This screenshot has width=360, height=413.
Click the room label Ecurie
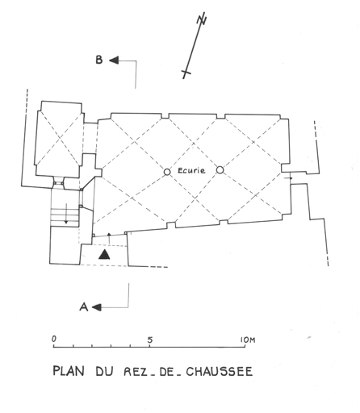(191, 170)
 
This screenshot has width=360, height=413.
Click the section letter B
(99, 60)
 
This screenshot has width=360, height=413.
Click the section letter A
(84, 307)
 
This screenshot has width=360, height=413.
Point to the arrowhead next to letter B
(114, 60)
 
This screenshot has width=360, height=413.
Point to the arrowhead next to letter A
(97, 307)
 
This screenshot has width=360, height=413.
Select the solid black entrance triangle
(104, 254)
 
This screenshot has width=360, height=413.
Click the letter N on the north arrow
(202, 19)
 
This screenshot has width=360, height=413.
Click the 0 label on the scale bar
(54, 339)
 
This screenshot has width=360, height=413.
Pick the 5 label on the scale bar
(150, 340)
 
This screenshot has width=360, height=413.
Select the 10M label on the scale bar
(248, 340)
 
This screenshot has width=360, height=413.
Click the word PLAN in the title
(69, 371)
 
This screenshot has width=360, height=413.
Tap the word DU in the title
(104, 371)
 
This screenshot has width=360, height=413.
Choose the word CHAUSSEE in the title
(220, 371)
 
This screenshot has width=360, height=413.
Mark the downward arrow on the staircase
(66, 214)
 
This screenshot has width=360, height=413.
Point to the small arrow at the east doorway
(288, 178)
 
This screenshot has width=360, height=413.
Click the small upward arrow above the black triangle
(109, 239)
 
